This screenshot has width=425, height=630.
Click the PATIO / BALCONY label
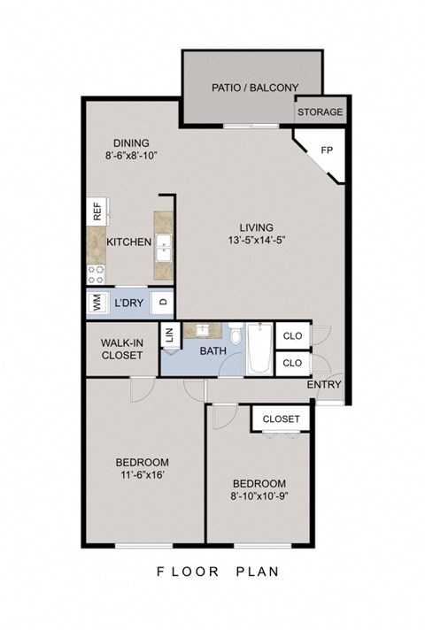coord(254,88)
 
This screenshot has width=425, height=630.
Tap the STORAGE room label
coord(320,112)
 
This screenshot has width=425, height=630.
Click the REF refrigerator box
coord(96,212)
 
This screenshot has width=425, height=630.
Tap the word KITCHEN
coord(129,242)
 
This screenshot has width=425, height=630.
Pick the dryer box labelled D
coord(163,302)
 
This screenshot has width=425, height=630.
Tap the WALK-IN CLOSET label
coord(122,348)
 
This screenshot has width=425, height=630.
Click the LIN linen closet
coord(168,335)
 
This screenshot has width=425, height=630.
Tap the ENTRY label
coord(324,385)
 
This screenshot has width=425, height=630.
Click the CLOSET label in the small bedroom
coord(282,419)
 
